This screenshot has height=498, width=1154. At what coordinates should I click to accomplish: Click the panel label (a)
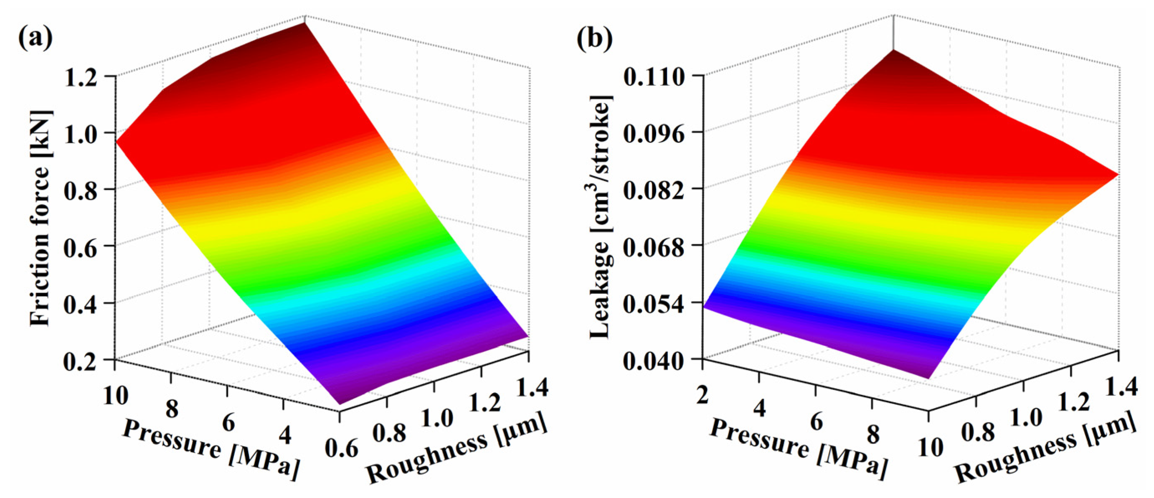click(35, 38)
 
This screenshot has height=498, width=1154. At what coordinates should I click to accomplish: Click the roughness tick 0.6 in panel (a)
click(342, 448)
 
